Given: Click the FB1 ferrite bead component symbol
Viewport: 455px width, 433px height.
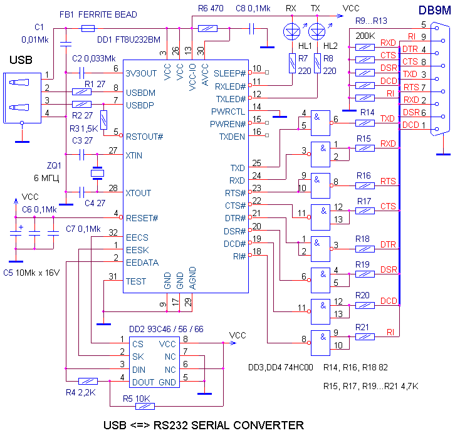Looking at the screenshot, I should (88, 28).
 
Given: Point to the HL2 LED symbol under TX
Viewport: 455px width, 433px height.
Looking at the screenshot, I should (318, 30).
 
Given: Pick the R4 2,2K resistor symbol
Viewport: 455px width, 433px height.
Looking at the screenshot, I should (88, 380).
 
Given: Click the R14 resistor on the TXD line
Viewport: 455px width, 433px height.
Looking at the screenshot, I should (365, 123).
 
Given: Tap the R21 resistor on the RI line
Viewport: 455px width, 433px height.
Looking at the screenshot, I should (365, 336).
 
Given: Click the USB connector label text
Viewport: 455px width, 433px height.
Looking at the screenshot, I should (21, 60).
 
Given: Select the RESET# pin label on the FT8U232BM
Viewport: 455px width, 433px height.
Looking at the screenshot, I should (142, 218).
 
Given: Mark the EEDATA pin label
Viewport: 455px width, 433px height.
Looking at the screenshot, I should (142, 262).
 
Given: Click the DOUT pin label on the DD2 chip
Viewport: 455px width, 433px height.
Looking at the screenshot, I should (144, 382).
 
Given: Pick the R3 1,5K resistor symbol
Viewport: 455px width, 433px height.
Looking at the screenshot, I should (103, 118).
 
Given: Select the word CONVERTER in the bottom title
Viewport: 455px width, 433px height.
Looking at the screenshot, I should (266, 425).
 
